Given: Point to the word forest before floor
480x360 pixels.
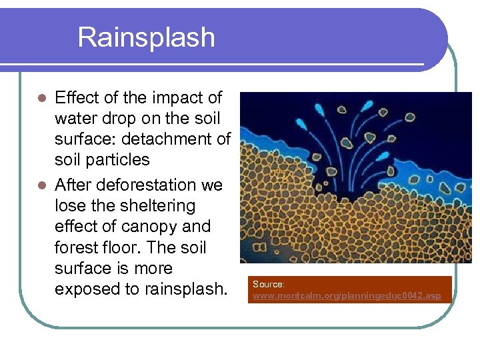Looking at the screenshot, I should [79, 247].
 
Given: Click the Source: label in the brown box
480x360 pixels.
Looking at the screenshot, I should [269, 284].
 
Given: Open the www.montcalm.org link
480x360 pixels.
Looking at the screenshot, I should [346, 295].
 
